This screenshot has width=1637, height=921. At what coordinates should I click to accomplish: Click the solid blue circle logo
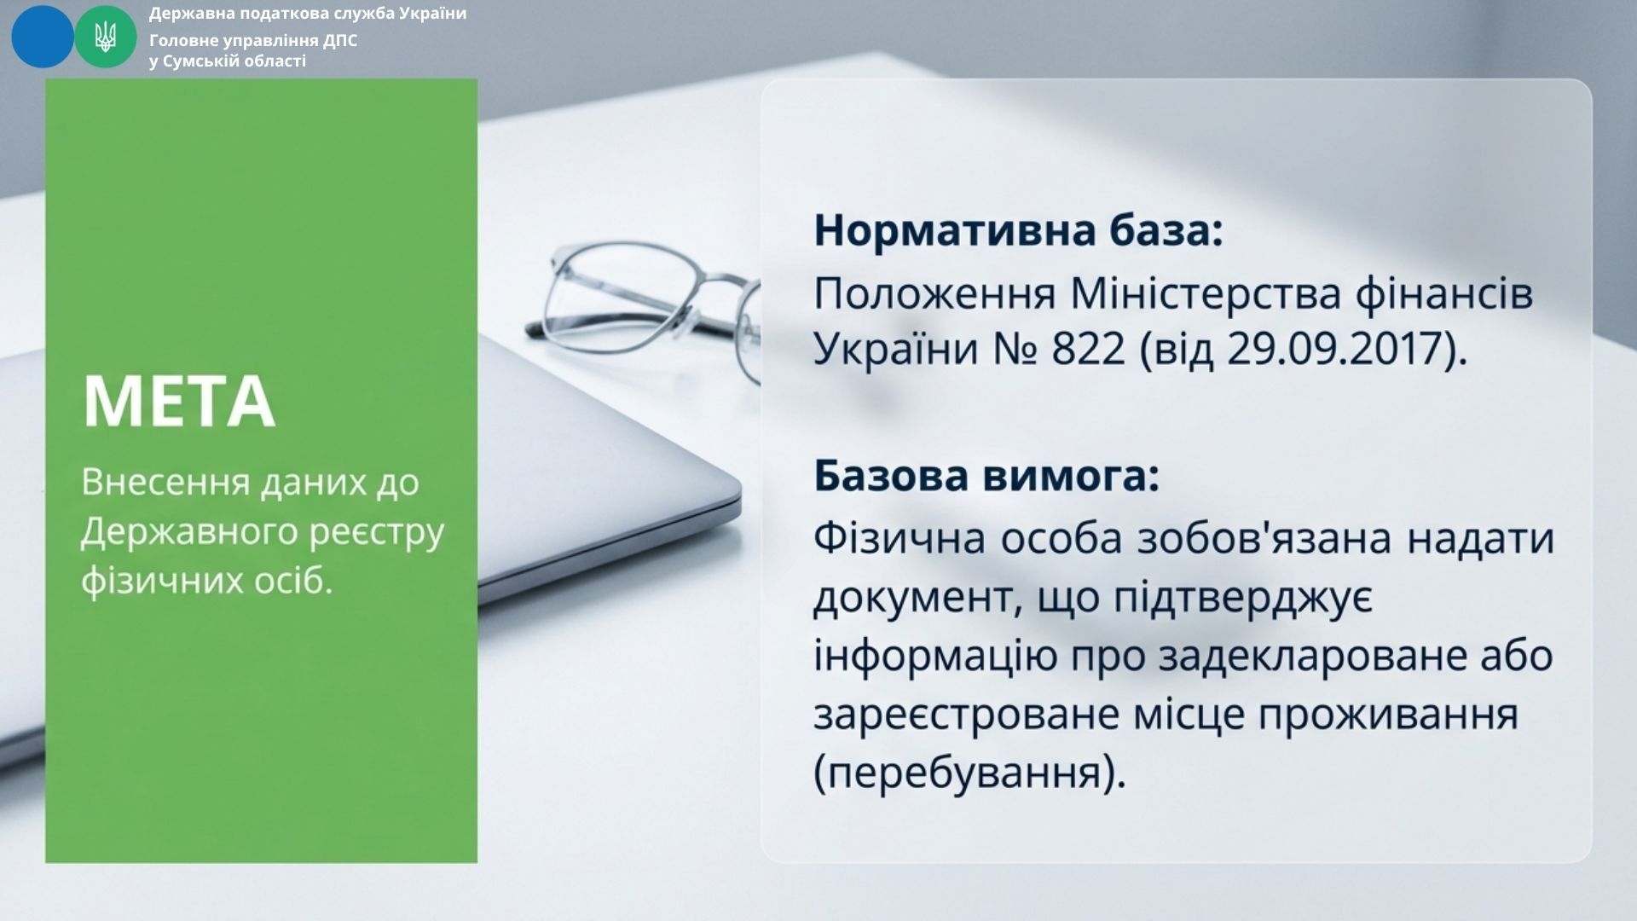click(x=43, y=37)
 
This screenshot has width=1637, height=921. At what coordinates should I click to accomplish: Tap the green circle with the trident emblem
click(x=106, y=37)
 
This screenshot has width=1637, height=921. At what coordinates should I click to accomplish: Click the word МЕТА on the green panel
click(x=179, y=402)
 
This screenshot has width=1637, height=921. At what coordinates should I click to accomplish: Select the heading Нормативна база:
click(x=1019, y=231)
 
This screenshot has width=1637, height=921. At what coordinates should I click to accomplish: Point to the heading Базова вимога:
click(x=987, y=477)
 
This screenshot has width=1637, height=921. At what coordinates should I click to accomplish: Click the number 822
click(x=1089, y=349)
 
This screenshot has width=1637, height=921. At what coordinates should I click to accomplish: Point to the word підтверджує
click(x=1244, y=600)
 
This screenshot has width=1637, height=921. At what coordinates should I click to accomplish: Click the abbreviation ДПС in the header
click(x=339, y=40)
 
